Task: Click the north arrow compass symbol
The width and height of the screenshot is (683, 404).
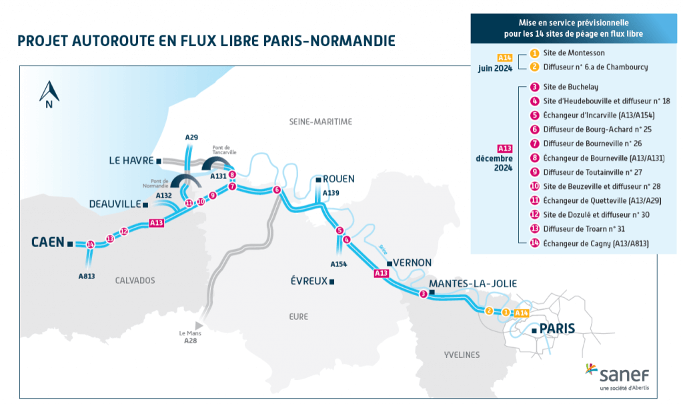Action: point(49,94)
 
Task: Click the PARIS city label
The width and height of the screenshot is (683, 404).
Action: point(556,329)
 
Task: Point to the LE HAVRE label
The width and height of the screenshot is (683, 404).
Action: point(130,161)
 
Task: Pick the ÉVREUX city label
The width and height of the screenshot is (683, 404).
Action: point(308,281)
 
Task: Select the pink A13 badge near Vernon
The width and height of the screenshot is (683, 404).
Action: point(381,273)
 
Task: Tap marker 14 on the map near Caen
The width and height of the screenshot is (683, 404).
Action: point(91,244)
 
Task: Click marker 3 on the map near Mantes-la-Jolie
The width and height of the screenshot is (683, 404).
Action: point(423,294)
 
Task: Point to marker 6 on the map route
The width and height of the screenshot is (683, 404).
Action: point(277,190)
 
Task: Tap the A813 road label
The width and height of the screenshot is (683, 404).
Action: point(86,276)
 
